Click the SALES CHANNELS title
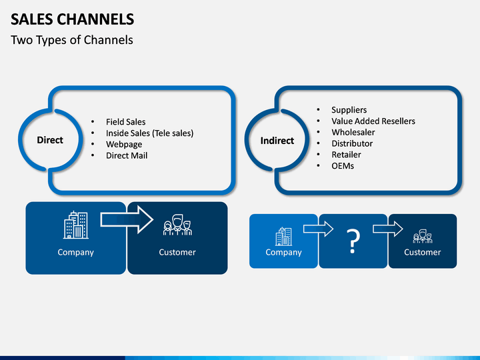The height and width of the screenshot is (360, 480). pyautogui.click(x=72, y=19)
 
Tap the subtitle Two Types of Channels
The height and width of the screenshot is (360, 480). pyautogui.click(x=72, y=40)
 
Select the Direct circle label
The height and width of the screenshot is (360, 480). pyautogui.click(x=50, y=140)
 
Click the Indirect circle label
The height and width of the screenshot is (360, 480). pyautogui.click(x=277, y=141)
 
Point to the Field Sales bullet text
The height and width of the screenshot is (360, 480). pyautogui.click(x=126, y=122)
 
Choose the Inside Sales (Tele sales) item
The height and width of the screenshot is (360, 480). pyautogui.click(x=150, y=133)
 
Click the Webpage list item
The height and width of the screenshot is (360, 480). pyautogui.click(x=124, y=145)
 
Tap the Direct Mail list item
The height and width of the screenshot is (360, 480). pyautogui.click(x=127, y=155)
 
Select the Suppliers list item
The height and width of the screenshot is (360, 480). pyautogui.click(x=349, y=110)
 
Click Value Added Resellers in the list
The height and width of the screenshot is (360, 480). pyautogui.click(x=373, y=121)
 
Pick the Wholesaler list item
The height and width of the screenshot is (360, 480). pyautogui.click(x=353, y=132)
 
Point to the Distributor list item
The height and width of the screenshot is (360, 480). pyautogui.click(x=352, y=143)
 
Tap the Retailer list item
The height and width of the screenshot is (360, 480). pyautogui.click(x=346, y=155)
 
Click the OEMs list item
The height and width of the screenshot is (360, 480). pyautogui.click(x=343, y=166)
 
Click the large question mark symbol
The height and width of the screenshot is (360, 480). pyautogui.click(x=353, y=241)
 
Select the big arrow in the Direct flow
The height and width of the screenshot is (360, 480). pyautogui.click(x=127, y=219)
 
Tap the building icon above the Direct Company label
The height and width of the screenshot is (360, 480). pyautogui.click(x=76, y=225)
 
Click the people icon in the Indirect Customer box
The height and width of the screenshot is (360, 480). pyautogui.click(x=423, y=236)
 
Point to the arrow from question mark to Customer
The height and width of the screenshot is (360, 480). pyautogui.click(x=387, y=229)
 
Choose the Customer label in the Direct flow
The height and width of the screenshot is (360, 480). pyautogui.click(x=177, y=252)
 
